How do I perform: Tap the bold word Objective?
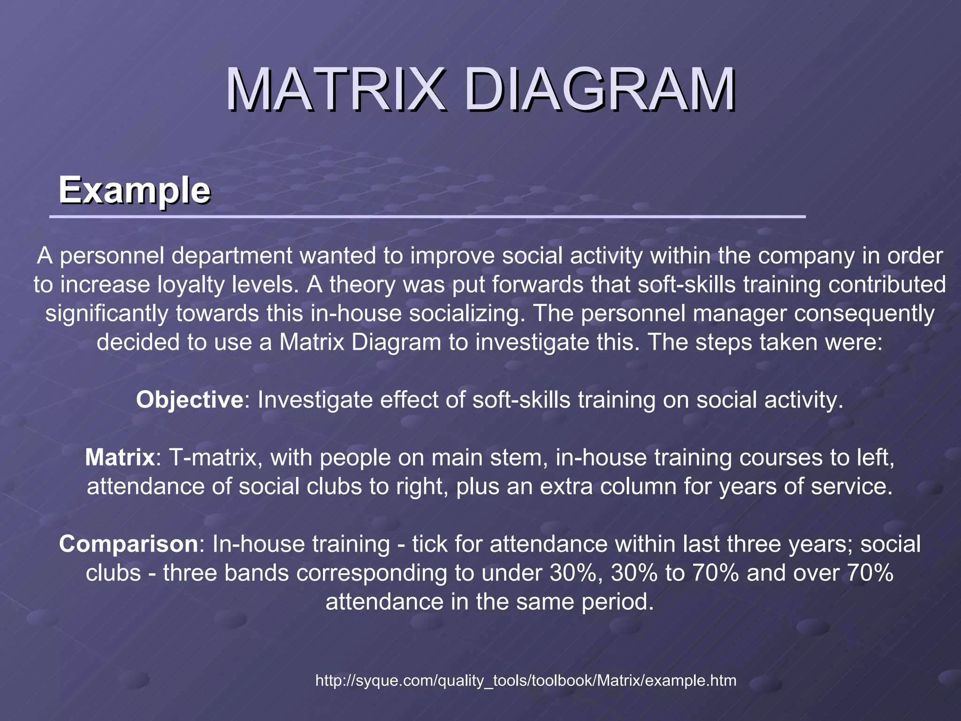click(190, 400)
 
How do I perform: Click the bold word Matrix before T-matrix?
click(120, 457)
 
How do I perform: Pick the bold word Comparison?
click(128, 544)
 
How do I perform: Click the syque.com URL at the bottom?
click(526, 680)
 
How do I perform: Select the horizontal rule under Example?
click(427, 217)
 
